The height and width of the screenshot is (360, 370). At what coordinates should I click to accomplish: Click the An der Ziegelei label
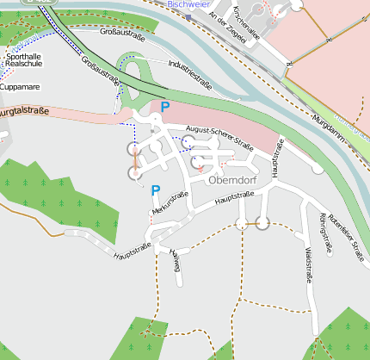click(232, 28)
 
